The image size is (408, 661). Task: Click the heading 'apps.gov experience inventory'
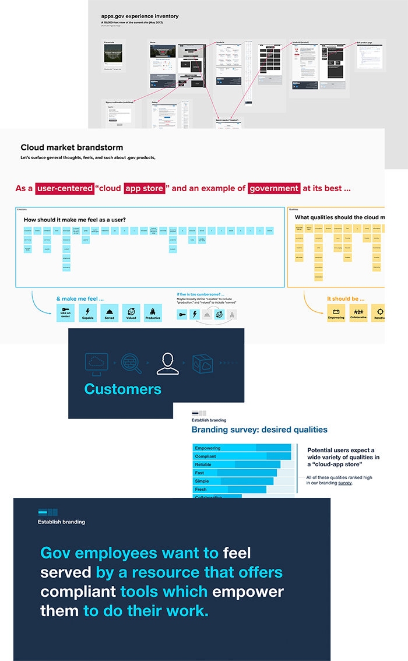pos(140,16)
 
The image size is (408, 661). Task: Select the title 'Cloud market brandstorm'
pos(72,147)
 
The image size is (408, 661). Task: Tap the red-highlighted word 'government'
pos(274,188)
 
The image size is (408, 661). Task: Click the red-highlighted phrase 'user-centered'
pos(64,188)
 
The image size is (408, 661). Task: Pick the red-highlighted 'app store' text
pos(143,188)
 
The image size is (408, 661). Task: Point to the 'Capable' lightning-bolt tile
pos(87,313)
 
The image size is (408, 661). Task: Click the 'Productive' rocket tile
pos(153,313)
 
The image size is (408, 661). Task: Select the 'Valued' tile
pos(131,313)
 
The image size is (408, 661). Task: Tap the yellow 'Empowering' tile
pos(336,313)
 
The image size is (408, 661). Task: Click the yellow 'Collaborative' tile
pos(359,313)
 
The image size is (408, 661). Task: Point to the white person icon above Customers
pos(168,363)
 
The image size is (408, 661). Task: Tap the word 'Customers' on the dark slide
pos(122,389)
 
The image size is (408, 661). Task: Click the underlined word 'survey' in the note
pos(344,483)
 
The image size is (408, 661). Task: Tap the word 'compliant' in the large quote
pos(78,592)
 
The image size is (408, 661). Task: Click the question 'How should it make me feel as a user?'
pos(75,220)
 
